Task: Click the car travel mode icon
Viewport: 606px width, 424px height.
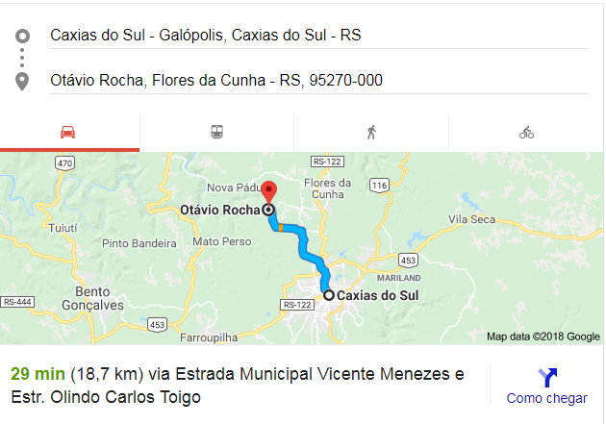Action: pyautogui.click(x=67, y=133)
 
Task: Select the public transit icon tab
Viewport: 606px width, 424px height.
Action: pyautogui.click(x=217, y=133)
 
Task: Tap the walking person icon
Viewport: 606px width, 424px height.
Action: pyautogui.click(x=371, y=133)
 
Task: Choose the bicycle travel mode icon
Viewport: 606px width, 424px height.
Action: pyautogui.click(x=526, y=133)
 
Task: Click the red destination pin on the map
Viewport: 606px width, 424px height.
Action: pyautogui.click(x=269, y=190)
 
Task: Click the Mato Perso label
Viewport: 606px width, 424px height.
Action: pyautogui.click(x=221, y=240)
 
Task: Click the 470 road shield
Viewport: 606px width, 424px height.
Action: pyautogui.click(x=64, y=163)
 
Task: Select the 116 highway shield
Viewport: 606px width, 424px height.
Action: pyautogui.click(x=380, y=185)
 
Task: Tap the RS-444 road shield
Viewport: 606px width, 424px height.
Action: pyautogui.click(x=17, y=302)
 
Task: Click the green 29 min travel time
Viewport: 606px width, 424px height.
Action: pyautogui.click(x=38, y=373)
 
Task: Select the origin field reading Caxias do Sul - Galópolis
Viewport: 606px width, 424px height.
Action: pyautogui.click(x=206, y=36)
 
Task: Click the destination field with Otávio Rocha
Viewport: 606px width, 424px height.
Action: pyautogui.click(x=216, y=80)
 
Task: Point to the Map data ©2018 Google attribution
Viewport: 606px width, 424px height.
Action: pyautogui.click(x=543, y=337)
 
